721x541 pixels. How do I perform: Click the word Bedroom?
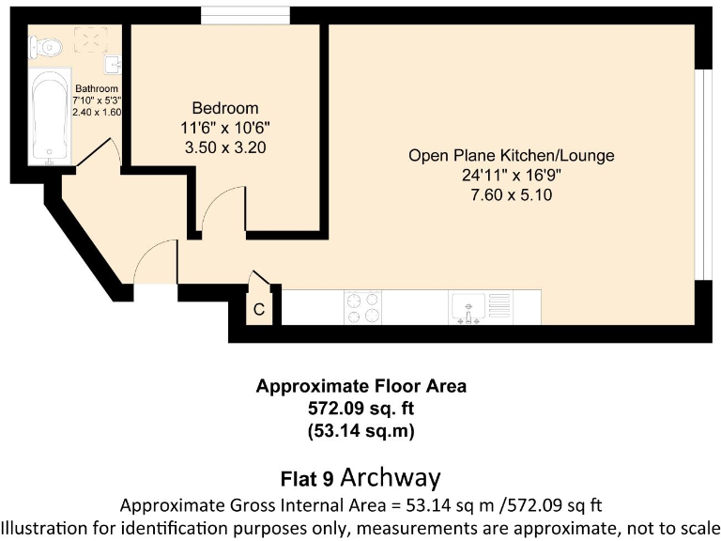224,108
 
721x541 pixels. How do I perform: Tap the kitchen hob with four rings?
362,307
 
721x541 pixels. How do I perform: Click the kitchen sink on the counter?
468,306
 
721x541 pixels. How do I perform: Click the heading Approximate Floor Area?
360,386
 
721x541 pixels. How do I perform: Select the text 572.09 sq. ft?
360,409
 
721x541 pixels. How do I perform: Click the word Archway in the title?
391,477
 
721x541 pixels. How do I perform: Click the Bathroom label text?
97,89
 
